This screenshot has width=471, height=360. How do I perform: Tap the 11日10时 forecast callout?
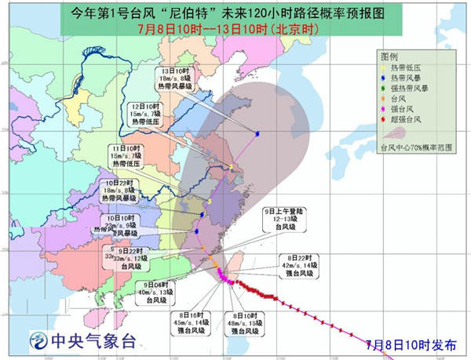(x=126, y=156)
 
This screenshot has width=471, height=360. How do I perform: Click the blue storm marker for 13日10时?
(x=257, y=132)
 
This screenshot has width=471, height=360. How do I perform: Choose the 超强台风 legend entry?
(x=406, y=119)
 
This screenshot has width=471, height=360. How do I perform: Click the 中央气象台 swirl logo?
(x=37, y=340)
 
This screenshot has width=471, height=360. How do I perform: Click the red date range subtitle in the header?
(x=235, y=31)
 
